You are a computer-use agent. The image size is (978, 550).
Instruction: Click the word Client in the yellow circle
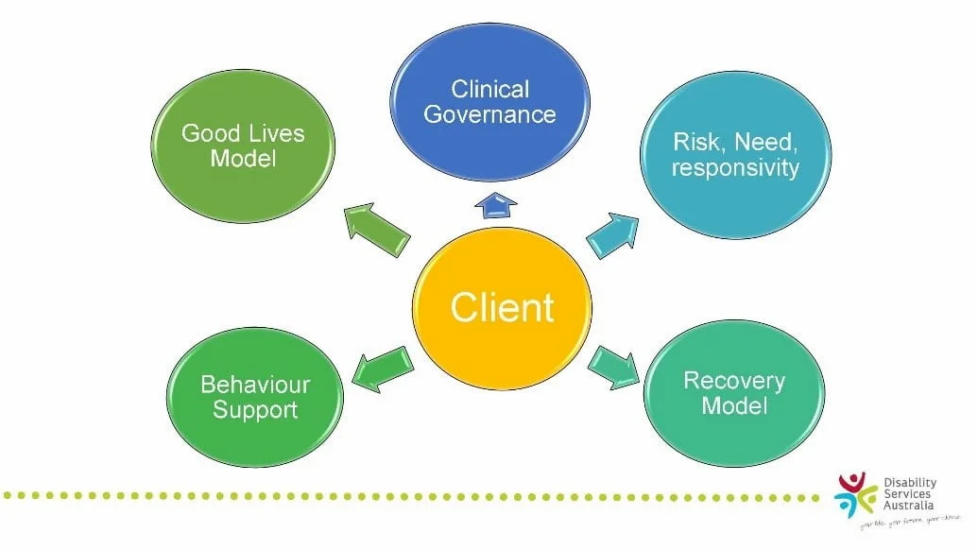[x=502, y=308]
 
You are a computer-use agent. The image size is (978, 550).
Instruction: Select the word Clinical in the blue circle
[x=489, y=90]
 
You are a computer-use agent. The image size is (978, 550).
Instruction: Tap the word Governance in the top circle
[x=489, y=115]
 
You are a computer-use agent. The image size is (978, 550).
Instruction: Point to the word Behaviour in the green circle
[x=255, y=385]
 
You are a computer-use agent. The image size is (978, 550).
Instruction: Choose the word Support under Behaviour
[x=255, y=410]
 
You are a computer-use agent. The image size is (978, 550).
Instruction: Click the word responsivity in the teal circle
[x=735, y=168]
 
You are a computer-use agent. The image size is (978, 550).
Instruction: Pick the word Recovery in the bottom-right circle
[x=734, y=381]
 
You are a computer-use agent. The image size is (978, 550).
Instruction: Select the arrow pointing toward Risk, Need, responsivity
[x=611, y=235]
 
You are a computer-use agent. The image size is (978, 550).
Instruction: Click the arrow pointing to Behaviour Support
[x=382, y=368]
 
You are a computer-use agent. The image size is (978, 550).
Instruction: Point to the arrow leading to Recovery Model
[x=614, y=368]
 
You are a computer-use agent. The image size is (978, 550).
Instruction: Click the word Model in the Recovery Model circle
[x=734, y=406]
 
